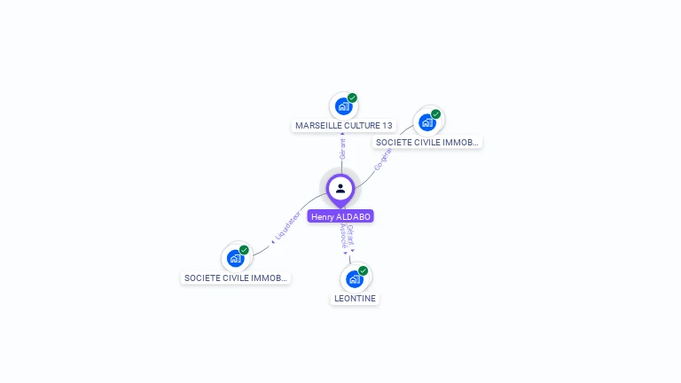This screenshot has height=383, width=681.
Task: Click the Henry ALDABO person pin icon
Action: (x=340, y=188)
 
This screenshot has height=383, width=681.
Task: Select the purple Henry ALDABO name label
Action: (x=340, y=216)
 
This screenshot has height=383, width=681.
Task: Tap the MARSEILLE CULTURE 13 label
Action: (x=344, y=126)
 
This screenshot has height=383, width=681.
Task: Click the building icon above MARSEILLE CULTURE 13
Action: (x=343, y=106)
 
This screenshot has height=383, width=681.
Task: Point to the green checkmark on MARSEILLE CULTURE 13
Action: (x=352, y=98)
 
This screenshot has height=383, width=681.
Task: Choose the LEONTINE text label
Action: (x=356, y=299)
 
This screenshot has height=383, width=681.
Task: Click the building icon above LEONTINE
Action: (x=355, y=279)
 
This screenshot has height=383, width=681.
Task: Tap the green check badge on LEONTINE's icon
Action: (x=364, y=270)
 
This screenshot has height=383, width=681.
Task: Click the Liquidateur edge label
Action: (x=288, y=226)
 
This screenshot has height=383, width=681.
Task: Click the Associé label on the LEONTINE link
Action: (x=343, y=236)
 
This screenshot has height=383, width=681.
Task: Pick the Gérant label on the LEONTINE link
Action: (x=351, y=235)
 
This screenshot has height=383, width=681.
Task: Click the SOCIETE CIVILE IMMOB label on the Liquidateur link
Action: (x=236, y=278)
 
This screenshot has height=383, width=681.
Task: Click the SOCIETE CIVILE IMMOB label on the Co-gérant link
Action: (x=427, y=142)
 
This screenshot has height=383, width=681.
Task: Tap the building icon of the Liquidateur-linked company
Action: (x=235, y=258)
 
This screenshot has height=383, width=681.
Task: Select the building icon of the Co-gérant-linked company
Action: (x=427, y=122)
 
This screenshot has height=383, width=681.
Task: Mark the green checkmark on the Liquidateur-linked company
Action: (x=244, y=250)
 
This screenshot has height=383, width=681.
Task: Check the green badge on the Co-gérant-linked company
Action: (x=436, y=114)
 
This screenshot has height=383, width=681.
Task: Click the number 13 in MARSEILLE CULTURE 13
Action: (x=387, y=126)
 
